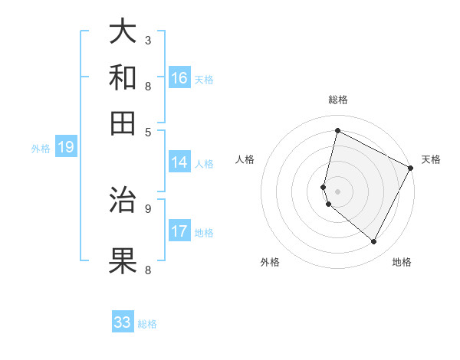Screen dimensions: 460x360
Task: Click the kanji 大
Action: tap(123, 32)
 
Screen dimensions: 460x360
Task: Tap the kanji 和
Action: tap(123, 77)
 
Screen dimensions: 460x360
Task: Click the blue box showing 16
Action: tap(179, 78)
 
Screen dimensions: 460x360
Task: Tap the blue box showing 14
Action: tap(179, 162)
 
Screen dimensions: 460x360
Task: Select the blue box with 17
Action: tap(179, 231)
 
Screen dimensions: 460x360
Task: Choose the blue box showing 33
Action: tap(123, 322)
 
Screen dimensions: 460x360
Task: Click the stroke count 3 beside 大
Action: tap(148, 40)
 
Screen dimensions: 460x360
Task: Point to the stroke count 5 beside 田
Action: tap(148, 131)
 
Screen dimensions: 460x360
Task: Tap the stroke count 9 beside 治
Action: tap(148, 207)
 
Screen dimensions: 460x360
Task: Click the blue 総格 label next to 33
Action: tap(147, 324)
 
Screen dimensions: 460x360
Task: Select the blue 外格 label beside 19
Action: tap(41, 149)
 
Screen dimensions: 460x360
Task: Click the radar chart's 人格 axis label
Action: tap(245, 159)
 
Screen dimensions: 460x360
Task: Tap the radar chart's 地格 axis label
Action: tap(402, 262)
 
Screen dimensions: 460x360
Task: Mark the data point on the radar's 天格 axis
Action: tap(411, 168)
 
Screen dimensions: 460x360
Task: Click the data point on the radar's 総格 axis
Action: tap(337, 130)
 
